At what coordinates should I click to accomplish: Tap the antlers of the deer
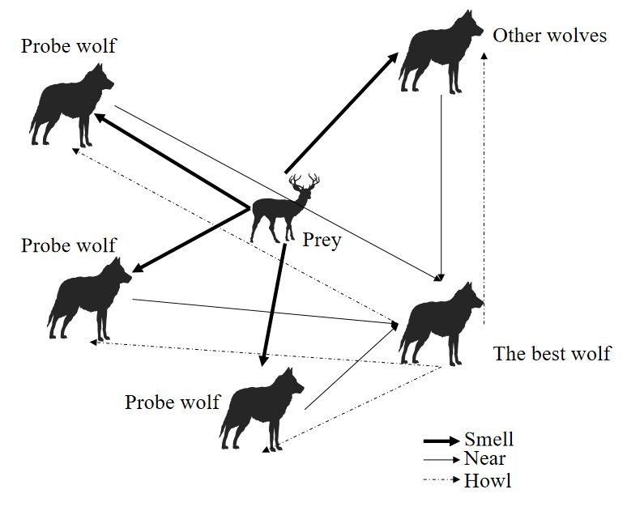pyautogui.click(x=305, y=182)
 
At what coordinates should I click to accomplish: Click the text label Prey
pyautogui.click(x=322, y=241)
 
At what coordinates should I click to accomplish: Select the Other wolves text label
pyautogui.click(x=549, y=36)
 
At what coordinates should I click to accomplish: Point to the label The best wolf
pyautogui.click(x=552, y=354)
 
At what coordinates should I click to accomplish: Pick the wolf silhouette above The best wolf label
pyautogui.click(x=438, y=324)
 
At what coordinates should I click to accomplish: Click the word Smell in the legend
pyautogui.click(x=488, y=440)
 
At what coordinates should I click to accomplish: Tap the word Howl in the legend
pyautogui.click(x=488, y=481)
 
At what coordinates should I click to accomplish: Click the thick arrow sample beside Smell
pyautogui.click(x=441, y=441)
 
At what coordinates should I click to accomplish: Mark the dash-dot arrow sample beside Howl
pyautogui.click(x=441, y=481)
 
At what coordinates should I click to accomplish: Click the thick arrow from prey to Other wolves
pyautogui.click(x=340, y=113)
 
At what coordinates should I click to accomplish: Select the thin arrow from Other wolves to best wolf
pyautogui.click(x=441, y=186)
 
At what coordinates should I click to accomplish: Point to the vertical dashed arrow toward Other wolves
pyautogui.click(x=484, y=178)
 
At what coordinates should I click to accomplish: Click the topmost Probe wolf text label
pyautogui.click(x=69, y=45)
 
